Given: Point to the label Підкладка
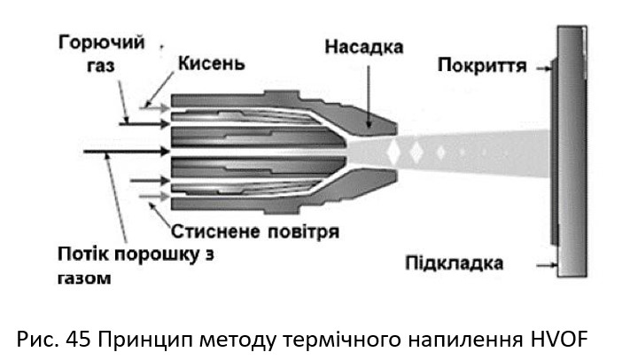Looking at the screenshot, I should (x=455, y=263).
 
